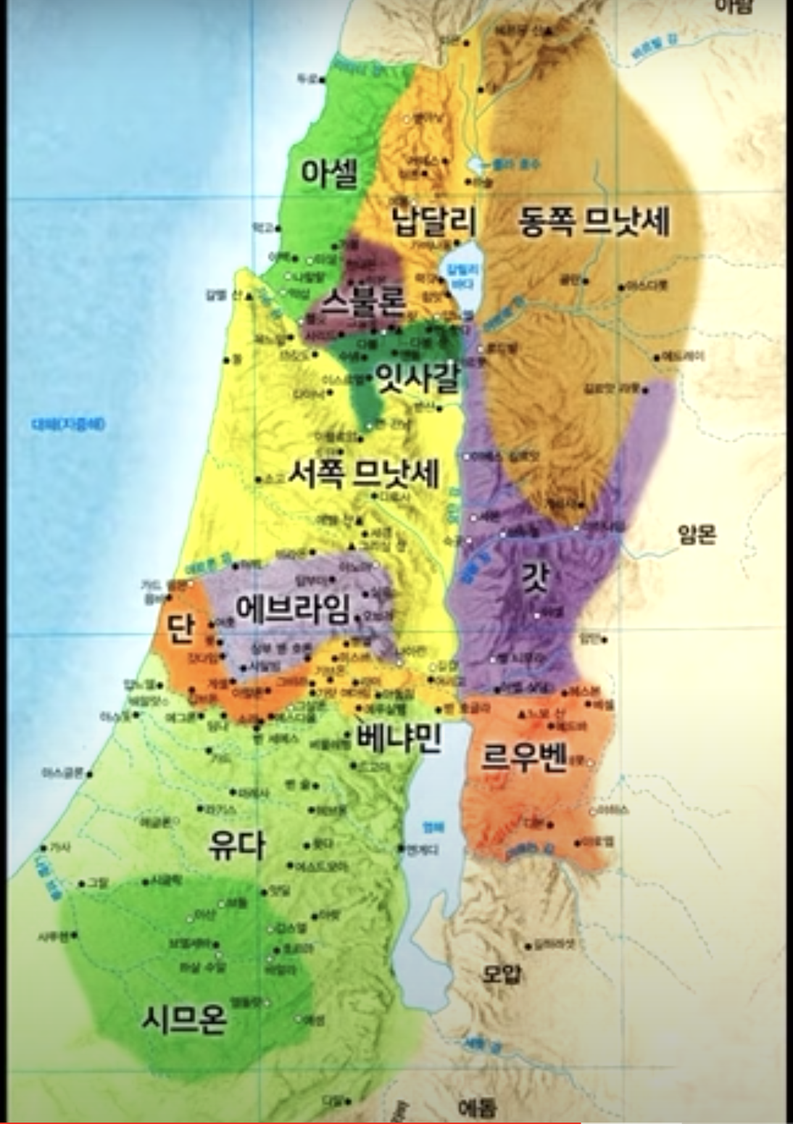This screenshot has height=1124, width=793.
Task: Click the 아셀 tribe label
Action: (330, 174)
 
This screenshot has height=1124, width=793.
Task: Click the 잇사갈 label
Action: (417, 377)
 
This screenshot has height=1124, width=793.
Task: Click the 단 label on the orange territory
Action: (181, 628)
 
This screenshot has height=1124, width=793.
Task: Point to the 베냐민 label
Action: (398, 737)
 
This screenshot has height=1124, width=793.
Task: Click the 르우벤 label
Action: (523, 757)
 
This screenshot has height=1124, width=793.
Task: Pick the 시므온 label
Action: (184, 1019)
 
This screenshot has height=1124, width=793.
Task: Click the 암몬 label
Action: (697, 535)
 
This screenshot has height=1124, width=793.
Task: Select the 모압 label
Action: (502, 973)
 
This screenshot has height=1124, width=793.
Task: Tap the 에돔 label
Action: (477, 1108)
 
